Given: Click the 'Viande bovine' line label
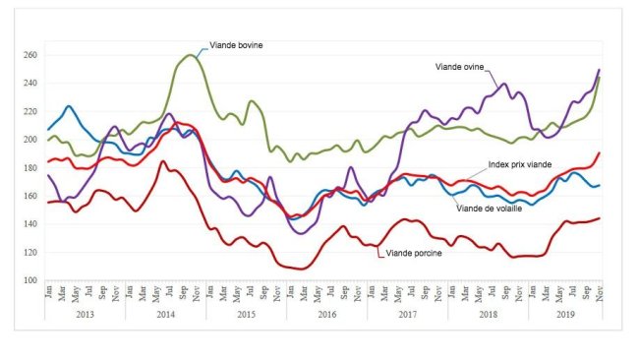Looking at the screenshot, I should (237, 45).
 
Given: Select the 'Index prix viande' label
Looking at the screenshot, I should (521, 164).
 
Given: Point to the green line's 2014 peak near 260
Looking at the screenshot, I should (190, 55).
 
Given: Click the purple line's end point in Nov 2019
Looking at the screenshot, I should (600, 70).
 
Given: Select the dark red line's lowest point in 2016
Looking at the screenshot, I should (300, 268).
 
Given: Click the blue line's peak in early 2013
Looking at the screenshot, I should (69, 106).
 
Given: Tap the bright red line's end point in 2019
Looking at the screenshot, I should (600, 153).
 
